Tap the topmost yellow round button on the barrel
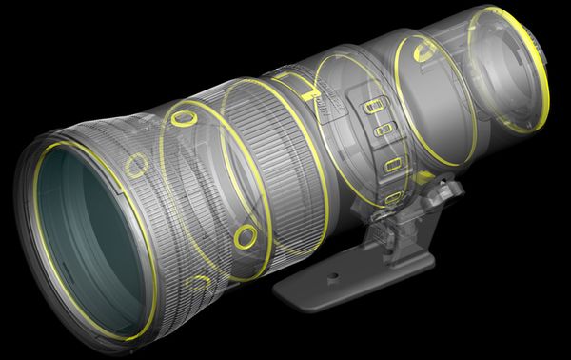coord(180,119)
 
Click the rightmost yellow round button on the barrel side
coord(245,234)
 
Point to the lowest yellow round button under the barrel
coord(201,281)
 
